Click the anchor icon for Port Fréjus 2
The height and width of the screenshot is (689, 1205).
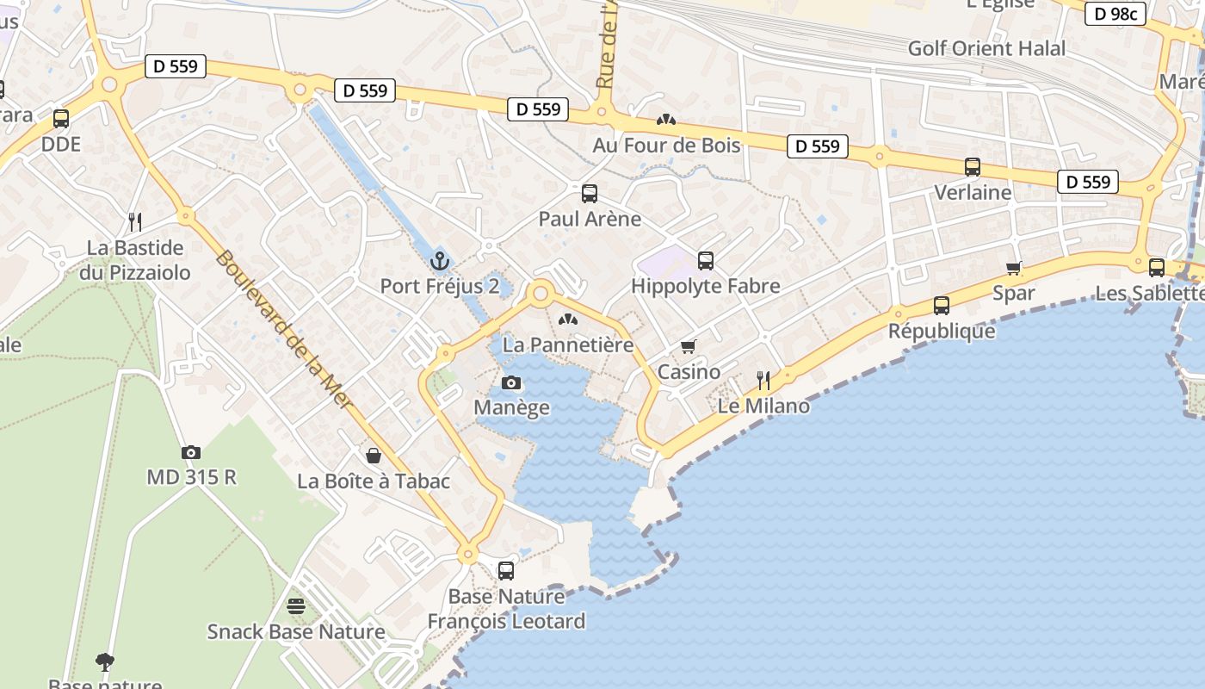(x=440, y=259)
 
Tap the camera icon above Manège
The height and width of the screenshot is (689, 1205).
(x=511, y=382)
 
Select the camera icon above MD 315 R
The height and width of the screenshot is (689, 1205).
(x=191, y=452)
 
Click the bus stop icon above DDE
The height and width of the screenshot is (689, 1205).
(x=60, y=119)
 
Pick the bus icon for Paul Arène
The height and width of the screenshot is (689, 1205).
(x=589, y=194)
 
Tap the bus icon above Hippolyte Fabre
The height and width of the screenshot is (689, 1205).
(x=706, y=260)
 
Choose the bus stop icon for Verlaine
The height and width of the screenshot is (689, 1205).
(x=973, y=167)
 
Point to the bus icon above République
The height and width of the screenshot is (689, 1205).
(x=942, y=306)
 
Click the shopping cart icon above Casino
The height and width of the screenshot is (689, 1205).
(x=688, y=346)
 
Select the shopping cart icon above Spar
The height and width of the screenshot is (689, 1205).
(x=1014, y=268)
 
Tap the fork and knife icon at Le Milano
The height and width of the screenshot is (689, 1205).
(x=763, y=380)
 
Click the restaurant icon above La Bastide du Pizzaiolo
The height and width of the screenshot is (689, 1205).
(x=135, y=222)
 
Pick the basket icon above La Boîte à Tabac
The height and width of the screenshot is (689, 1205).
(x=374, y=455)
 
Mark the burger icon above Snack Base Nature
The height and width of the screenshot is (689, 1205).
(x=296, y=605)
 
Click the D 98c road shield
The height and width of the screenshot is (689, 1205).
(x=1115, y=14)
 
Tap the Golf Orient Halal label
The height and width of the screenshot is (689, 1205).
(x=986, y=48)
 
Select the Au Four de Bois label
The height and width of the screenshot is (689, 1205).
(x=666, y=146)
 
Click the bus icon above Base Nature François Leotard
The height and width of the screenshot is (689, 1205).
(x=506, y=570)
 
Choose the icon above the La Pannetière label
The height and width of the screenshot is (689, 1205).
(x=567, y=320)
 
